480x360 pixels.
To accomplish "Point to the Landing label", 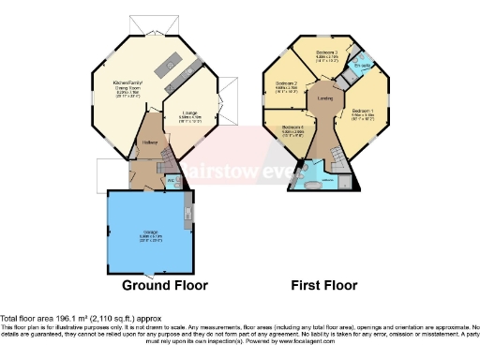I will click(x=325, y=97).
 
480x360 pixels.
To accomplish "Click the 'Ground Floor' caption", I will click(x=164, y=285).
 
